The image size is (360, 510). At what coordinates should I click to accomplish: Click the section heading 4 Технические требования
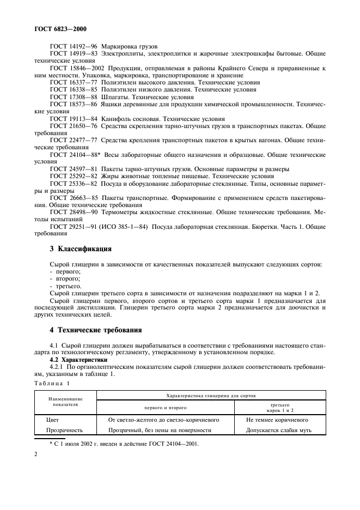(95, 330)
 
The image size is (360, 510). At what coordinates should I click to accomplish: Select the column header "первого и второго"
(165, 408)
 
